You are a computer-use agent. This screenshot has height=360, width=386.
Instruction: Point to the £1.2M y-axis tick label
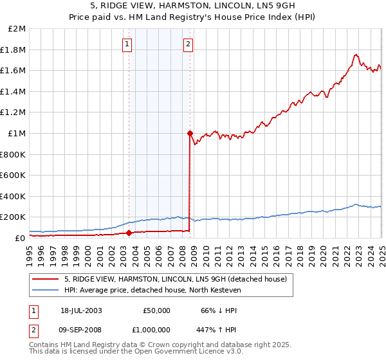pos(14,113)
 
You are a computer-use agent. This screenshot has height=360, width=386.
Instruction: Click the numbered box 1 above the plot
pos(127,44)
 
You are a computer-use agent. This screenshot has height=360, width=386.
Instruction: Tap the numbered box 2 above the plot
pos(188,44)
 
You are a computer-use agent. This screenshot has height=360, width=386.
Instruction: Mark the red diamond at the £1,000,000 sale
pos(190,134)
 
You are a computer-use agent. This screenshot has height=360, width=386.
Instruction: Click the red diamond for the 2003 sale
pos(129,233)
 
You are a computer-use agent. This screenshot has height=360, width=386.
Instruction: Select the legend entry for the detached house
pos(179,279)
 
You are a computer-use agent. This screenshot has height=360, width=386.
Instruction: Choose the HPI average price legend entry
pos(152,291)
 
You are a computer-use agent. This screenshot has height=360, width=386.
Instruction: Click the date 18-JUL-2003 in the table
pos(82,310)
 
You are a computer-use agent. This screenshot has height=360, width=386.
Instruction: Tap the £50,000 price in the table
pos(156,310)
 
